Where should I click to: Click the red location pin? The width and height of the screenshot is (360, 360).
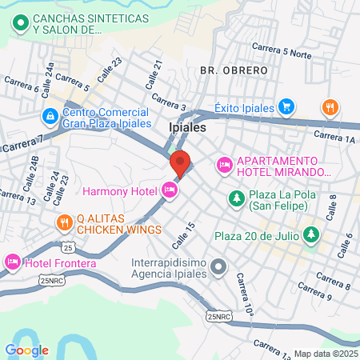pos(180,162)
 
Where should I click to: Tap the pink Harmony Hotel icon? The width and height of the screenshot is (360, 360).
pos(169,190)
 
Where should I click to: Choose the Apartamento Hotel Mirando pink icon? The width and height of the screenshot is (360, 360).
pos(225,166)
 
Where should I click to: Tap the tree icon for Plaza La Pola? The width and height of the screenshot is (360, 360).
pos(237,198)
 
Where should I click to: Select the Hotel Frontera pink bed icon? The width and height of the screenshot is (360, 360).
pos(13,262)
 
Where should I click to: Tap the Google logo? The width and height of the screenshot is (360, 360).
pos(26,349)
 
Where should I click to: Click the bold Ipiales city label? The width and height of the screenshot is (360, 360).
pos(188,127)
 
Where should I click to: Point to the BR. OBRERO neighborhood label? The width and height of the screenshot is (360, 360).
pos(234,70)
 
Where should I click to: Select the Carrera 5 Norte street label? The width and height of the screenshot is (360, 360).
pos(281,50)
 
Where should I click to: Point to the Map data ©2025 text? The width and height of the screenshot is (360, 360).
pos(326,354)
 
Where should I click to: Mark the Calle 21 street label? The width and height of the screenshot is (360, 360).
pos(153,75)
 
